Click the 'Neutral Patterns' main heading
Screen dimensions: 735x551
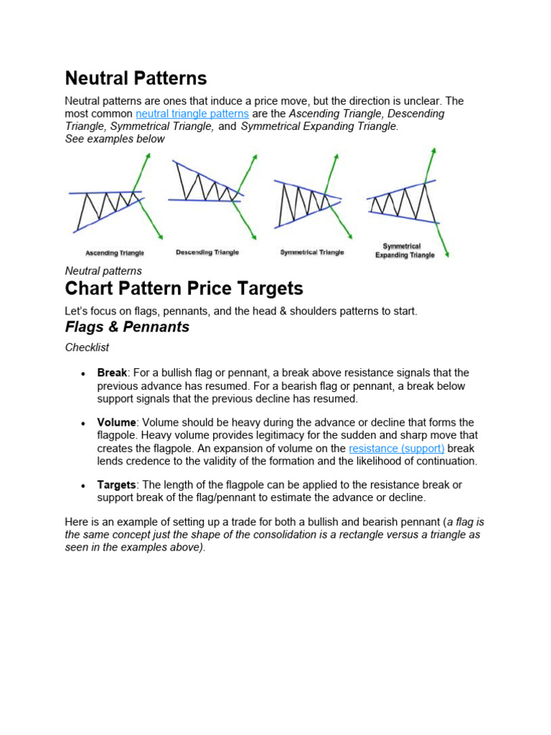click(x=136, y=78)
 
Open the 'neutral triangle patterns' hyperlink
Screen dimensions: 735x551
click(x=192, y=113)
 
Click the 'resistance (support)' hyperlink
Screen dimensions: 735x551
click(x=397, y=448)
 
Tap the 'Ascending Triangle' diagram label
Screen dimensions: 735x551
click(x=115, y=253)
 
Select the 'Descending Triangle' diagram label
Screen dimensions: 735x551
click(x=207, y=252)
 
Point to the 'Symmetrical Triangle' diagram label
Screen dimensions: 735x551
click(x=312, y=252)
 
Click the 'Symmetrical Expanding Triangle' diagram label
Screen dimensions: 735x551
click(x=405, y=251)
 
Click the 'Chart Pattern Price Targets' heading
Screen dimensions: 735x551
click(x=184, y=289)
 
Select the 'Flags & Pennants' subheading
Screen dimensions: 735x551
click(x=127, y=327)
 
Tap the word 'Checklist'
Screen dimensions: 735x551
click(x=87, y=347)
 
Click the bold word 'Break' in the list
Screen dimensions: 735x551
click(x=112, y=373)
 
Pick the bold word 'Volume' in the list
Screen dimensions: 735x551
click(x=116, y=422)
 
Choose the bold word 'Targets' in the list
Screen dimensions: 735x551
click(x=116, y=485)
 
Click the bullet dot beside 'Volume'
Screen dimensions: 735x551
click(x=84, y=423)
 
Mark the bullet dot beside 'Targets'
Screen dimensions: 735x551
click(x=84, y=486)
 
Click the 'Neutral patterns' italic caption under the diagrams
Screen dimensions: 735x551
click(x=103, y=271)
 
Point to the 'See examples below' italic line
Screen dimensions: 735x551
click(x=115, y=139)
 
